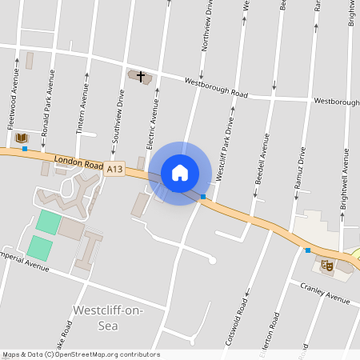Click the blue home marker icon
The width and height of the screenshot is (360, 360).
(180, 173)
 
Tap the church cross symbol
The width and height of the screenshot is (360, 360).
(141, 77)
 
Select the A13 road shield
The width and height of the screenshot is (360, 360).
(116, 169)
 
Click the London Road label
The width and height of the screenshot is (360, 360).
(79, 162)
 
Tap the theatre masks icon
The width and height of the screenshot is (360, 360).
(326, 266)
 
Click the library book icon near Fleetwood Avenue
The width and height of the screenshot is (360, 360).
(22, 138)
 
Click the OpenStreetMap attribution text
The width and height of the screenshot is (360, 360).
(81, 354)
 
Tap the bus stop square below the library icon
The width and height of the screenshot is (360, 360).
(25, 148)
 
